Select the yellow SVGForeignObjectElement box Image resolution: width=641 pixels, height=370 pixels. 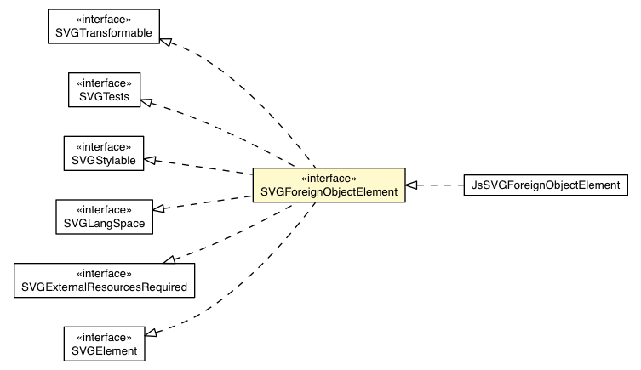pos(327,185)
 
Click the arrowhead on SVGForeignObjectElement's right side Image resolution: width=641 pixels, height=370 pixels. pos(411,184)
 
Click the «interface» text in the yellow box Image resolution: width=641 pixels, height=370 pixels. pos(327,177)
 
